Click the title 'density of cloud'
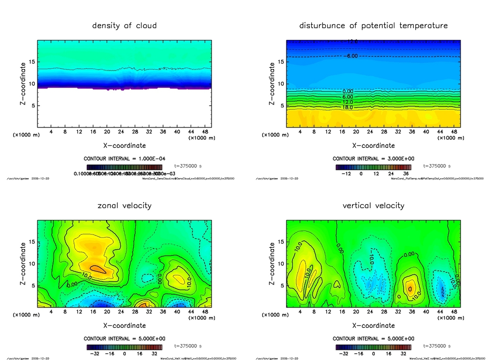pos(124,25)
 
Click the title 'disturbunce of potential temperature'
pos(373,25)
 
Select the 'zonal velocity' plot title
pos(124,205)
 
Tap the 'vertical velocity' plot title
pos(373,205)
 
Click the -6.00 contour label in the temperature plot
pos(351,56)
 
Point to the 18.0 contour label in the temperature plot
pos(348,107)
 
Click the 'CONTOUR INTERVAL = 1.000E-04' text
pos(124,159)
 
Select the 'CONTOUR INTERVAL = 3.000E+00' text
pos(373,159)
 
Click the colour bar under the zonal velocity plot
pos(124,347)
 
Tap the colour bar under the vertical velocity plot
pos(373,347)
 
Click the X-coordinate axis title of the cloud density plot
pos(124,145)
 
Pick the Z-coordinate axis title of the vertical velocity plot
pos(272,263)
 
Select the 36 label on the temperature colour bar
pos(406,173)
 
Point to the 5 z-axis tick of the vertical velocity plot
pos(279,286)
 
